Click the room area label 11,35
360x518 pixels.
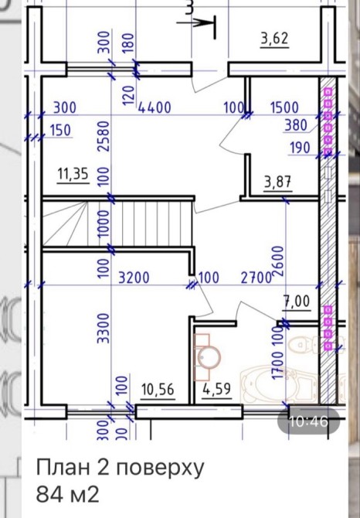73,174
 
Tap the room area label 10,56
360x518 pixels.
158,390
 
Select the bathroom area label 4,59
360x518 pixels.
216,389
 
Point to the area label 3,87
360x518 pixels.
278,182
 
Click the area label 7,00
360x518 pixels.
297,302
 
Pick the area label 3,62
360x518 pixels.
274,39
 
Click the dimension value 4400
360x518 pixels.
155,107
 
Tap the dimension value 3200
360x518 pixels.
134,278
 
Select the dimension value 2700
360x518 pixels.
256,278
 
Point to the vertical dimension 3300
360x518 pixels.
104,328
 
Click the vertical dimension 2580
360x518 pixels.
104,136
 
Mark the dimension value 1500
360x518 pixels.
284,107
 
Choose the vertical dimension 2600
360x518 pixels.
278,261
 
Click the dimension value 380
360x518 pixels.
296,125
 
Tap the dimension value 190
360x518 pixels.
300,148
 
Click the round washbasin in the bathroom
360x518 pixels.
209,356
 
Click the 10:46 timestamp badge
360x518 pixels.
308,421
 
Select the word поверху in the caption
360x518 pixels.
160,468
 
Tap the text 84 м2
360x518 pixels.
67,495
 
